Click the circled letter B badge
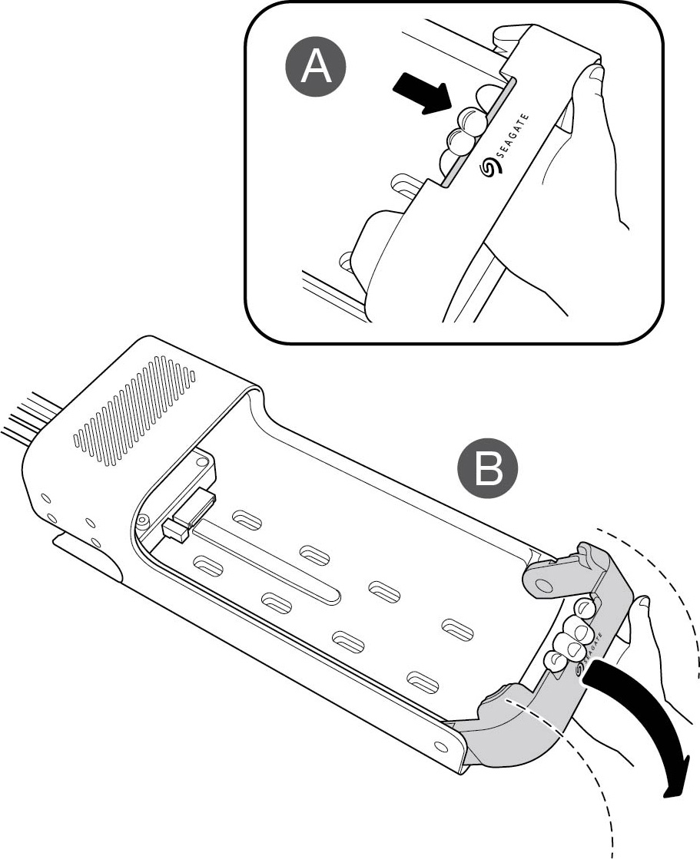[x=488, y=468]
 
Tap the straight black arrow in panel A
[x=422, y=93]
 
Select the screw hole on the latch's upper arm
[x=544, y=586]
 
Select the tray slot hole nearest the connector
[x=247, y=520]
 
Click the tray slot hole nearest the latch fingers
[x=458, y=630]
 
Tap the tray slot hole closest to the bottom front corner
[x=423, y=680]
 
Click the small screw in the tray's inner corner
[x=144, y=520]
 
